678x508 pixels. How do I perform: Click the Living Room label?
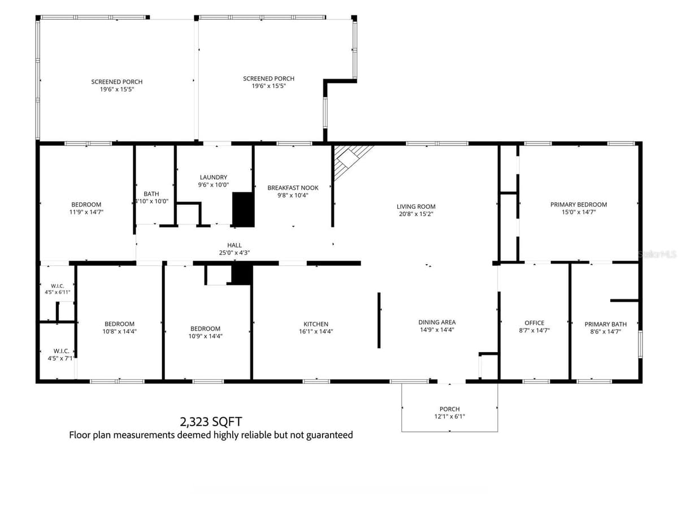(x=416, y=210)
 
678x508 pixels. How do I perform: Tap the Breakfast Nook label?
(x=293, y=191)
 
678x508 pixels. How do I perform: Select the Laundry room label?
(x=213, y=181)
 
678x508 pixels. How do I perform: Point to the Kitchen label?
(x=316, y=327)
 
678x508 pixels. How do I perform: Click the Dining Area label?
(x=437, y=326)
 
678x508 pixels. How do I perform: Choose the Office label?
(x=534, y=326)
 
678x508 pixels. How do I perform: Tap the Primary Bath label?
(x=606, y=327)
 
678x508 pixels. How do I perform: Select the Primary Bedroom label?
(x=579, y=208)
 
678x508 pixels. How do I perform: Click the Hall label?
(x=234, y=248)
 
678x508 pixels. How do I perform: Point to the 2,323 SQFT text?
(x=211, y=421)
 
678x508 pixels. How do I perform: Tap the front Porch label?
(x=449, y=413)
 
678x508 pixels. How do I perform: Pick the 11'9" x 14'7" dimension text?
(x=86, y=212)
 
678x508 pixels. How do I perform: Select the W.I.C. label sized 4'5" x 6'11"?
(x=58, y=289)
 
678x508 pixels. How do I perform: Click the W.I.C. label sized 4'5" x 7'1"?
(x=61, y=354)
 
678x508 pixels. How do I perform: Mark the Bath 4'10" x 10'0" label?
(x=151, y=198)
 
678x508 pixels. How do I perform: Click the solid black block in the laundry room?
(x=244, y=210)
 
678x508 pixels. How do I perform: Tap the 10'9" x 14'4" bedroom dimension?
(x=206, y=336)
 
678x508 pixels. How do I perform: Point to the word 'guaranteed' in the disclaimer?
(x=329, y=435)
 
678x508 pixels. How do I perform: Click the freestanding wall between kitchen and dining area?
(x=379, y=320)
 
